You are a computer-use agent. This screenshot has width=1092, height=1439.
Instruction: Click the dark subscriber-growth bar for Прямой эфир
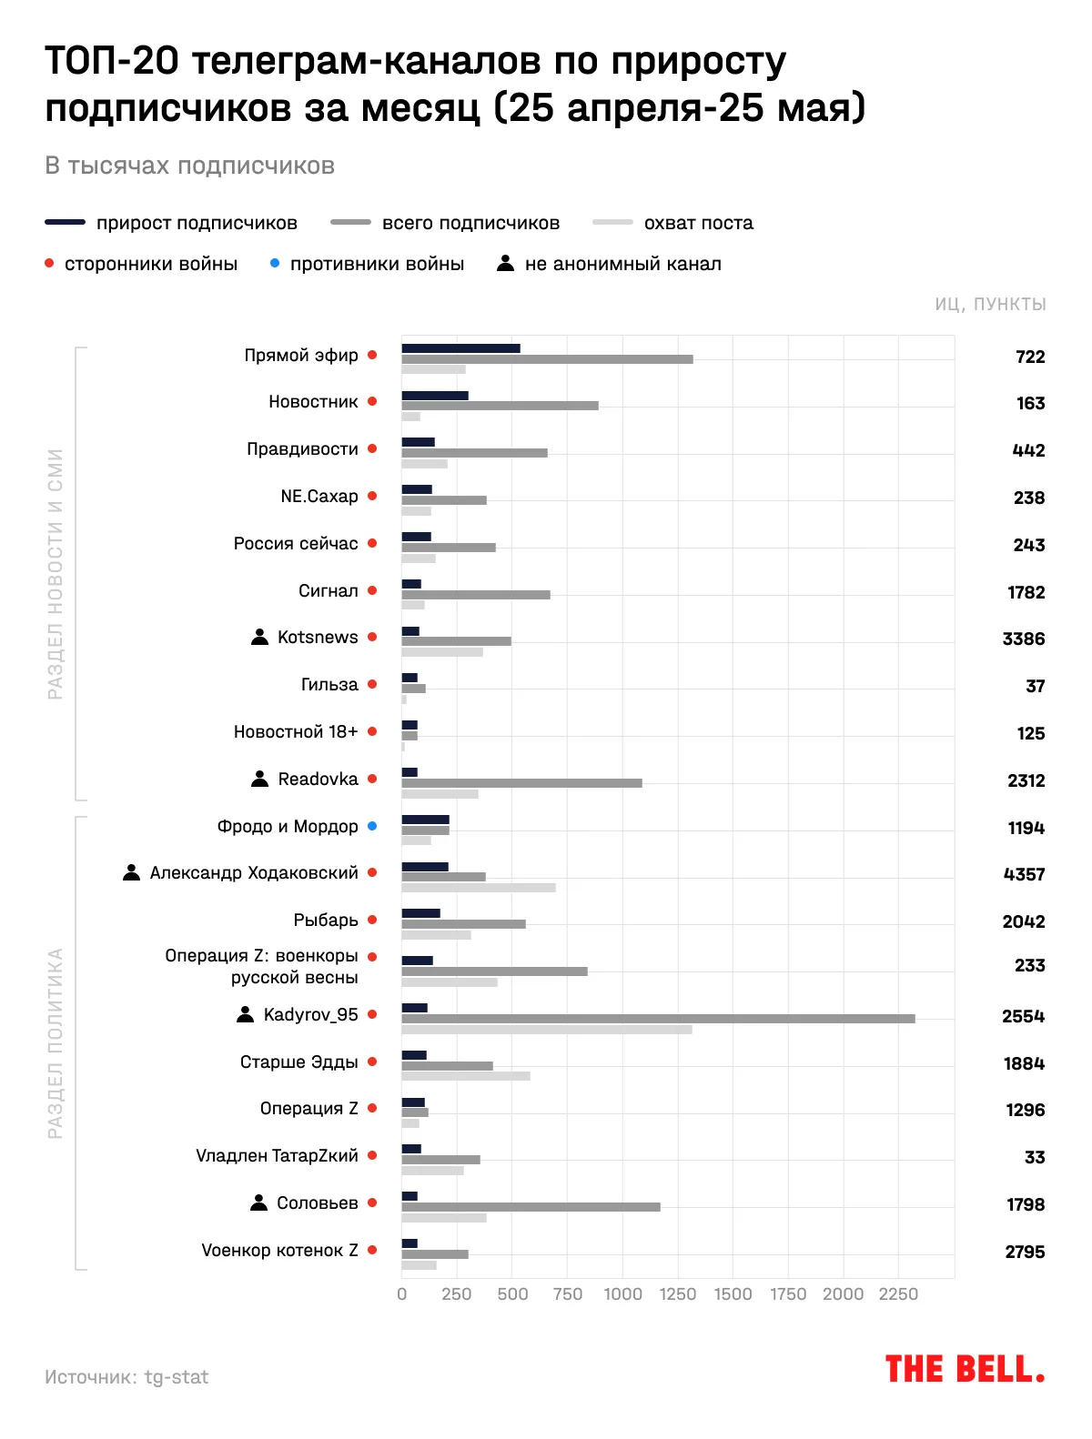(x=460, y=348)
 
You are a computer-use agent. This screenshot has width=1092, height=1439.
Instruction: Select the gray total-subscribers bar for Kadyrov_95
(x=658, y=1019)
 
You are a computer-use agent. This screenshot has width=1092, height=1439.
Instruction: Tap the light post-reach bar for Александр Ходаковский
(x=479, y=888)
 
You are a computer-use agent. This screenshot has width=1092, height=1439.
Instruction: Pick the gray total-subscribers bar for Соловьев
(x=531, y=1207)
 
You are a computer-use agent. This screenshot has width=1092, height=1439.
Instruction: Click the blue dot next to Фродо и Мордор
(x=372, y=826)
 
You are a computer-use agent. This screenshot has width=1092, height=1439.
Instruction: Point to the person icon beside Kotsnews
(x=260, y=637)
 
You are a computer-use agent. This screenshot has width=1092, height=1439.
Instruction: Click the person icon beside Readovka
(x=260, y=779)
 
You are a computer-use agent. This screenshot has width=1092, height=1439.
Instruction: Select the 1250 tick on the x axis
(x=678, y=1294)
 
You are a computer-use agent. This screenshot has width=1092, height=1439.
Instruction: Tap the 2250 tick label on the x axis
(x=898, y=1294)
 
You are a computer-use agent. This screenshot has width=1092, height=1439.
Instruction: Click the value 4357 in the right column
(x=1024, y=874)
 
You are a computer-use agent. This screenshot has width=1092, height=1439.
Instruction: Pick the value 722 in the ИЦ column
(x=1030, y=357)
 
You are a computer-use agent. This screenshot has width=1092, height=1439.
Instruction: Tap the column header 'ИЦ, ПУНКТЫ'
(x=990, y=304)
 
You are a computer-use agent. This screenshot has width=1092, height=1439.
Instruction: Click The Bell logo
(x=965, y=1369)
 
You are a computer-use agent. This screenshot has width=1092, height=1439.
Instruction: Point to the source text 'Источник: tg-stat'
(x=126, y=1377)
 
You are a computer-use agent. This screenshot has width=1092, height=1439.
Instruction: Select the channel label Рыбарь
(x=326, y=921)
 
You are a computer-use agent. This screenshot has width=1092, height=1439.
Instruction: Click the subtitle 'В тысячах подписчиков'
(x=190, y=166)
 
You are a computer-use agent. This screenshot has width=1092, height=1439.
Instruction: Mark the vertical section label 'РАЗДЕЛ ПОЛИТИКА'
(x=56, y=1043)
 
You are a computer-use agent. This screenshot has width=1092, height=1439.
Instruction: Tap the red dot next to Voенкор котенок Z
(x=372, y=1250)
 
